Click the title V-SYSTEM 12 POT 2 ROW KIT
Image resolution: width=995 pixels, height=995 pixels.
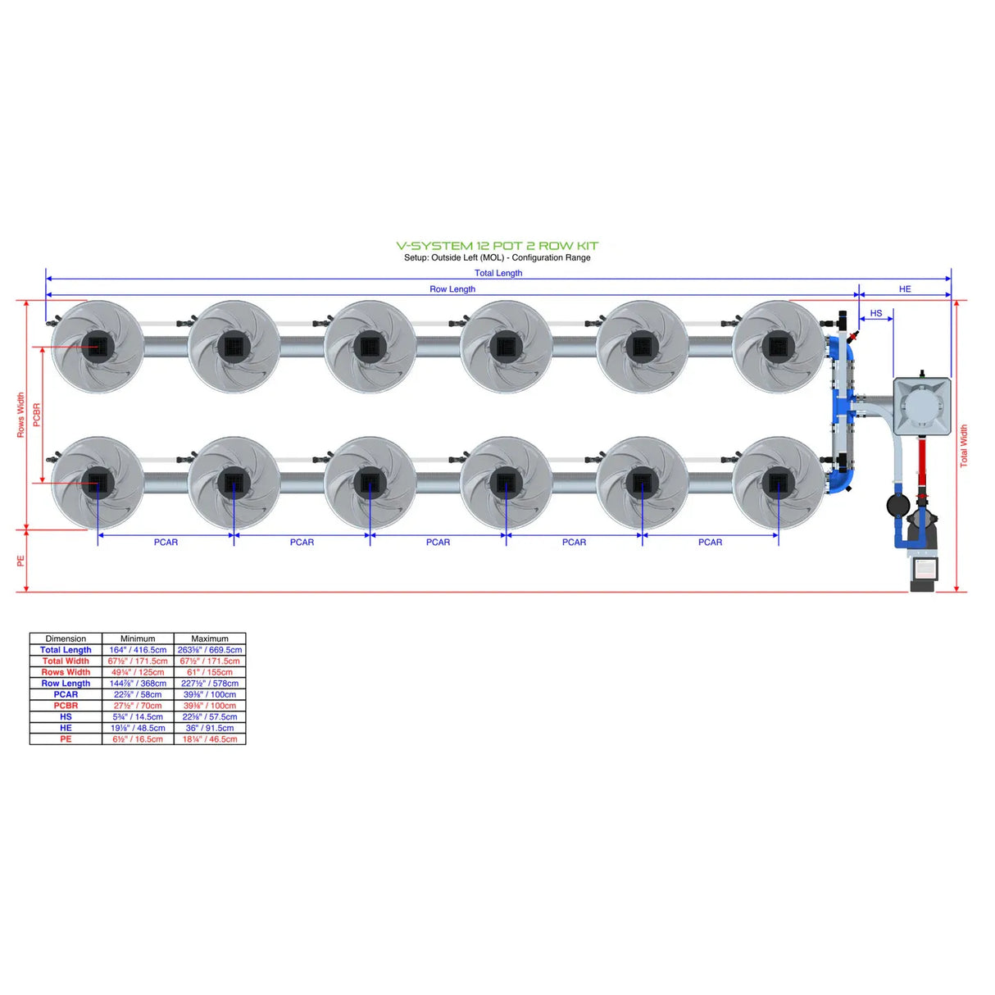click(497, 245)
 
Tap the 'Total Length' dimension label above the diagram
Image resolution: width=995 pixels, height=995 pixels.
click(497, 273)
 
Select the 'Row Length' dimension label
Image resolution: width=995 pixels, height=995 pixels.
click(452, 289)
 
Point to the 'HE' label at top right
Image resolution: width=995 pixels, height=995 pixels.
click(904, 289)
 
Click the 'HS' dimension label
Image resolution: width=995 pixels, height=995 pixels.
click(875, 313)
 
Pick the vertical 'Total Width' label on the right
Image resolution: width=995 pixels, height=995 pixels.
click(964, 445)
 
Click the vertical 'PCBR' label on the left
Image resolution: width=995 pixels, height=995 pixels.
click(37, 414)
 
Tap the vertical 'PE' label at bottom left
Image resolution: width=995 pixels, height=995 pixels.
click(21, 561)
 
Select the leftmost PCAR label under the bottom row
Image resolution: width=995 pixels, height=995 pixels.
click(166, 542)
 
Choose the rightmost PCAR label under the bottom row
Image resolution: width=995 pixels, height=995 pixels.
click(710, 542)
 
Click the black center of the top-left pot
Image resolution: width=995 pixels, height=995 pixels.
click(98, 346)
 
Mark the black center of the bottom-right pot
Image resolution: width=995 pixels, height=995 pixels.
click(777, 483)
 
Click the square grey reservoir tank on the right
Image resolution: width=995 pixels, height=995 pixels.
click(921, 406)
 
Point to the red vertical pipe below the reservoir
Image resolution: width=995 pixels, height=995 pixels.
click(921, 463)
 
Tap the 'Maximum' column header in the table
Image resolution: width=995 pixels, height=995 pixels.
click(210, 638)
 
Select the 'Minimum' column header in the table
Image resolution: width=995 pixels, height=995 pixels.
click(138, 638)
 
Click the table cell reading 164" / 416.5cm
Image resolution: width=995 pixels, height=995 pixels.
click(138, 650)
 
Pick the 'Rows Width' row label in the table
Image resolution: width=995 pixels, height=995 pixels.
click(66, 672)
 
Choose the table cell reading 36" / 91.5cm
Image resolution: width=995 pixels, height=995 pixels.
click(210, 728)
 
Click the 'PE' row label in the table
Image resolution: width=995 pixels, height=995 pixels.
click(66, 739)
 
